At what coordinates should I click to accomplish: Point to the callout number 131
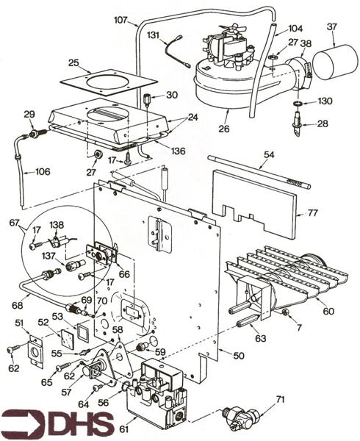153,35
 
